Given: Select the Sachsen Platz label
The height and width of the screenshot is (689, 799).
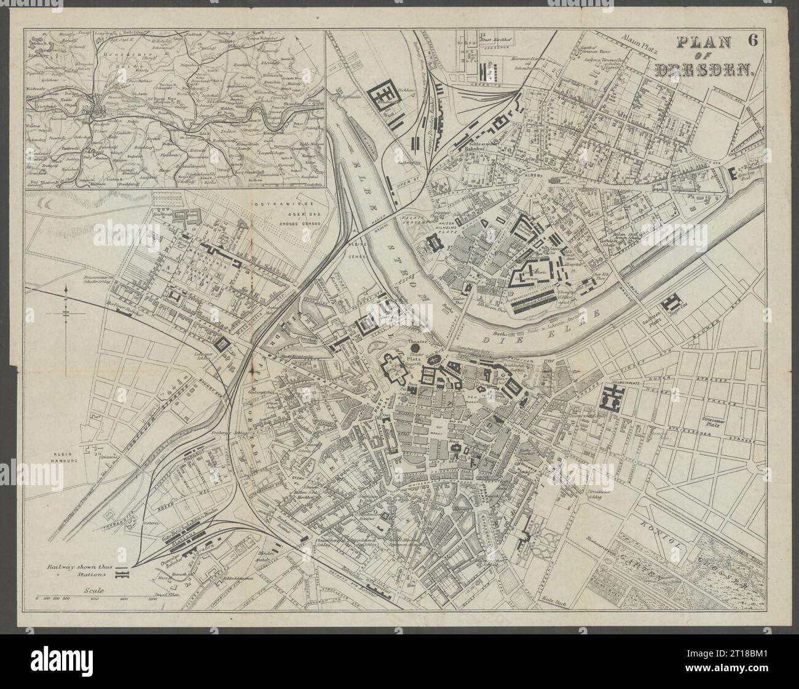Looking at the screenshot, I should click(651, 325).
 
